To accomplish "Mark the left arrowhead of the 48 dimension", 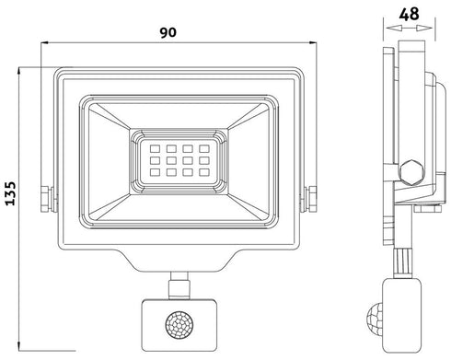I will [390, 29].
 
